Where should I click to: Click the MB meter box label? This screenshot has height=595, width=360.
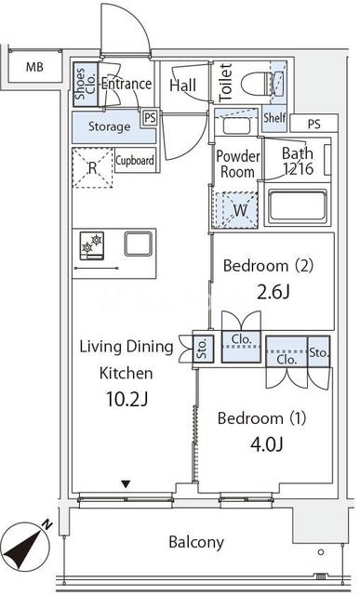[34, 67]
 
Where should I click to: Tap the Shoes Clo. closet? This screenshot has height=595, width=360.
[86, 85]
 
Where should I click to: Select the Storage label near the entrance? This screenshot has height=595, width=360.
[109, 126]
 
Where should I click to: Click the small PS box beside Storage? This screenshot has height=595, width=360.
[150, 118]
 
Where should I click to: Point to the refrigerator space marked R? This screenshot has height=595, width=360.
[93, 167]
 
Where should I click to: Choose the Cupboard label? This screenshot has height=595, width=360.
[135, 160]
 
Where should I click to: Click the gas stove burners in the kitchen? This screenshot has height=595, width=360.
[92, 245]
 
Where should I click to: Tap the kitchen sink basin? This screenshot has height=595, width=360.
[139, 244]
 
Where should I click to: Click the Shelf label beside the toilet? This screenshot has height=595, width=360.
[274, 117]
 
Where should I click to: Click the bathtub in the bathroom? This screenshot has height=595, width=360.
[298, 205]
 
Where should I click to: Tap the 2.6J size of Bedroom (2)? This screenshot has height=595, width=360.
[273, 292]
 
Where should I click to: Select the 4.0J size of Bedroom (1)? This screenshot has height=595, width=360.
[267, 444]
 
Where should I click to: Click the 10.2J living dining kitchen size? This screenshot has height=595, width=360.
[127, 399]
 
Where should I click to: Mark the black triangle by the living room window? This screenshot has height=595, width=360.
[126, 484]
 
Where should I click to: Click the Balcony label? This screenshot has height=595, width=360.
[196, 542]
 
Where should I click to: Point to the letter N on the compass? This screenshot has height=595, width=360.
[47, 524]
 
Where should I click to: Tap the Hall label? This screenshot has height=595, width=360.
[182, 86]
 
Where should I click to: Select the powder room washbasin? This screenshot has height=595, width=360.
[236, 126]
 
